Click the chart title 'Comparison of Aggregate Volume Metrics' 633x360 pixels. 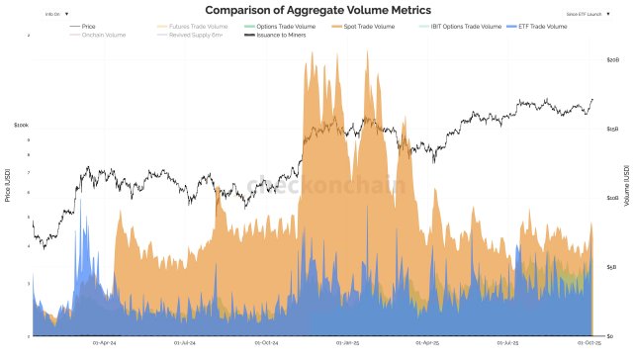click(x=316, y=10)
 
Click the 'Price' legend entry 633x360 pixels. click(x=89, y=26)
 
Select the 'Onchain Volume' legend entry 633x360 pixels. click(x=98, y=35)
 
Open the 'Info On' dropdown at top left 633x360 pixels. click(x=56, y=15)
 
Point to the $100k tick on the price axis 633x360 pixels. click(x=21, y=126)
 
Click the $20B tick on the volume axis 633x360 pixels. click(x=611, y=60)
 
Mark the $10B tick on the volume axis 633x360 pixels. click(x=611, y=198)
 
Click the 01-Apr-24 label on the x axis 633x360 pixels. click(x=105, y=343)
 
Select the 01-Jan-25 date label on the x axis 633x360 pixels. click(x=347, y=343)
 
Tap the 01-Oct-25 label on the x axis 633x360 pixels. click(x=589, y=343)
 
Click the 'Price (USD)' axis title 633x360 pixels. click(x=9, y=185)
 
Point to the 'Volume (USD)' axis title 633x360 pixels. click(x=626, y=185)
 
